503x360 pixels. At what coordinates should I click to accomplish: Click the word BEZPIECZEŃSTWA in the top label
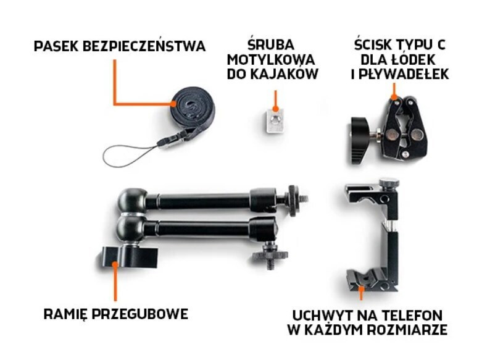[144, 46]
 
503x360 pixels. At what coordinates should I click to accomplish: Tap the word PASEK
[56, 46]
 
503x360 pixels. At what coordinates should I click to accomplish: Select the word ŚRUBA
[271, 44]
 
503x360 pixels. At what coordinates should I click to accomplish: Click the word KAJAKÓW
[284, 74]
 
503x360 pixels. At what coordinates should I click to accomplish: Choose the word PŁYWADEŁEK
[404, 75]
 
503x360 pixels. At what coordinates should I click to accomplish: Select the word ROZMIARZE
[407, 330]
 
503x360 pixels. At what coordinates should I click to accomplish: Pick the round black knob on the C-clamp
[361, 140]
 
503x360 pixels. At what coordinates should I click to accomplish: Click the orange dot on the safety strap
[173, 104]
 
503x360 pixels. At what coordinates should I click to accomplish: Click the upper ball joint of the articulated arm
[132, 201]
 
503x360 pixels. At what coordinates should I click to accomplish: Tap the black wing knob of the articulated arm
[128, 257]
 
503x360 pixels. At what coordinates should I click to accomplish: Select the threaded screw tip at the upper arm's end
[304, 199]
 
